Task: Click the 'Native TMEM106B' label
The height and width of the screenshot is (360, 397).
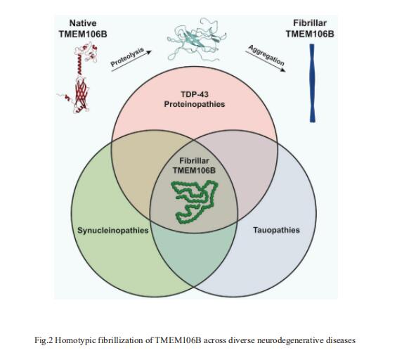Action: (x=83, y=28)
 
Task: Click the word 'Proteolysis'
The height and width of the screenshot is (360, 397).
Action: (x=127, y=57)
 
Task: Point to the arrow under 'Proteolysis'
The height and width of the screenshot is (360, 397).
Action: (x=131, y=60)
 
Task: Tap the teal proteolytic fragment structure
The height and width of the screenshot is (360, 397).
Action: (x=196, y=39)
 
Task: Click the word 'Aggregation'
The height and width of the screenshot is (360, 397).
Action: (x=266, y=56)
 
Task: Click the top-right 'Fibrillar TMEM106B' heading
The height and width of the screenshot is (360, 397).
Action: (x=310, y=28)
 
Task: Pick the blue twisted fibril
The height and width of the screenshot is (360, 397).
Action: (x=313, y=83)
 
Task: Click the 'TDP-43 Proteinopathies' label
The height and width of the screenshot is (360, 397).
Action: (x=195, y=99)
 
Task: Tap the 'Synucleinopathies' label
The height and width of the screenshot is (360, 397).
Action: (x=113, y=231)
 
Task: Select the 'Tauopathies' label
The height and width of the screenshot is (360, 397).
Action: (x=276, y=230)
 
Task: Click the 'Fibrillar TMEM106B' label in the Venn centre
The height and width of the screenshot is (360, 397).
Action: (x=194, y=166)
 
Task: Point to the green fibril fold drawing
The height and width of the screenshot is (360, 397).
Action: (x=194, y=202)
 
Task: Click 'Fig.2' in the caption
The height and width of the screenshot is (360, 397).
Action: (x=44, y=340)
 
